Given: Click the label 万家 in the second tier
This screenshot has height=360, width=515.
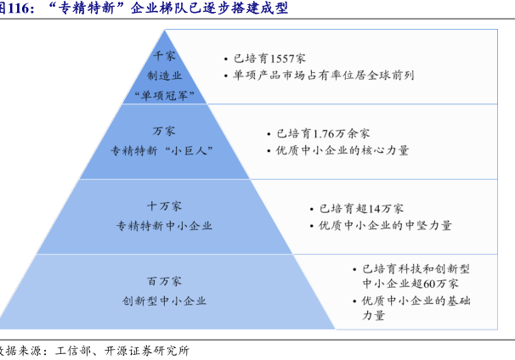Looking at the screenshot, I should [164, 132].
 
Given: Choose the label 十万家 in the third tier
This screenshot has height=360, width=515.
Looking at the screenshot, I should [164, 206].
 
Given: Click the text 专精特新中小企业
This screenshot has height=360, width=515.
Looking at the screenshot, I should [164, 226].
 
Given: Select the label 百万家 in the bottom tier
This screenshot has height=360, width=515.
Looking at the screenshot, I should [164, 281].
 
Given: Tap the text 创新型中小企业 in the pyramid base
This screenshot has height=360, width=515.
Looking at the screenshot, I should [164, 301].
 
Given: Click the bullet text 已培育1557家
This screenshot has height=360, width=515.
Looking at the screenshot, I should [269, 59].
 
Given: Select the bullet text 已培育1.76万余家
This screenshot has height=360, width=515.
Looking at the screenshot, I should [317, 133].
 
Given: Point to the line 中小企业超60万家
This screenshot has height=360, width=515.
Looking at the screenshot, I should [410, 284].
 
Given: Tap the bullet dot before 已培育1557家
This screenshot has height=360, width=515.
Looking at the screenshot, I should [226, 60].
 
